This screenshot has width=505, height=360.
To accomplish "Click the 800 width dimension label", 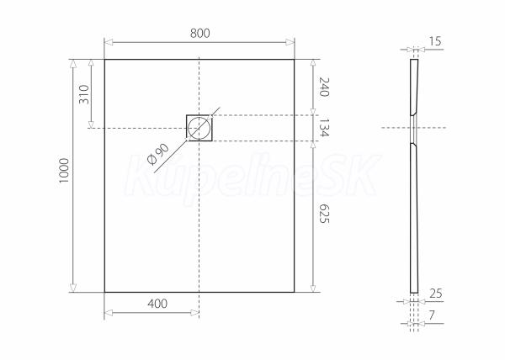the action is click(199, 34).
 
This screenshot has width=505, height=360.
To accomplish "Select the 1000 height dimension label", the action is click(64, 171).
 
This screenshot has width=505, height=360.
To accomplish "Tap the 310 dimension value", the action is click(84, 94).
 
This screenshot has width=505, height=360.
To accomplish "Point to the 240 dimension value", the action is click(324, 87).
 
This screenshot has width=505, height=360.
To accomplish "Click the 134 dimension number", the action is click(324, 128).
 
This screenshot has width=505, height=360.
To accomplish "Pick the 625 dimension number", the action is click(324, 214).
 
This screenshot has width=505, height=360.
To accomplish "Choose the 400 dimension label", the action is click(157, 304).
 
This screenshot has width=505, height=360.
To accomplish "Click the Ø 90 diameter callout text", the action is click(158, 154).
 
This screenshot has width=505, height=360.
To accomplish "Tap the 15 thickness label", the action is click(435, 41).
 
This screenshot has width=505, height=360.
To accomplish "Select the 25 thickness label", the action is click(436, 294).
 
